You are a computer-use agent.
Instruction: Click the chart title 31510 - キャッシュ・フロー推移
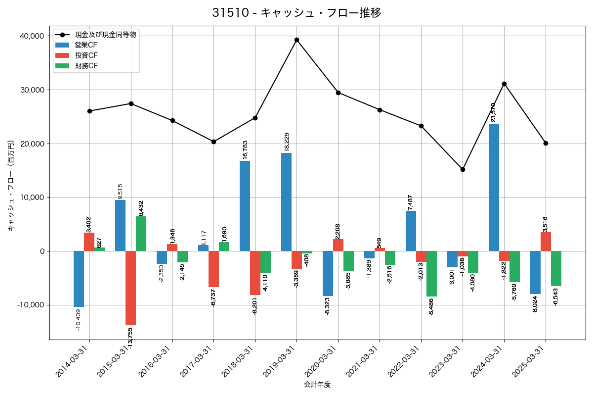[296, 13]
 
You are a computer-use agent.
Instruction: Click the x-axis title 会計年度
[317, 385]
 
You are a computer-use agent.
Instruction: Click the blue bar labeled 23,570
[494, 188]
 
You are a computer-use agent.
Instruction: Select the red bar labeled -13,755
[130, 288]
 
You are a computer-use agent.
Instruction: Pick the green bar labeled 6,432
[141, 234]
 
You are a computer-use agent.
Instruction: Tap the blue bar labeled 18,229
[286, 202]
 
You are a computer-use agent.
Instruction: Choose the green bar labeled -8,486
[432, 274]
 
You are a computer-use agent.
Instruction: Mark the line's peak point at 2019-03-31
[296, 40]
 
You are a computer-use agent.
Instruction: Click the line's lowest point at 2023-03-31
[463, 169]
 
